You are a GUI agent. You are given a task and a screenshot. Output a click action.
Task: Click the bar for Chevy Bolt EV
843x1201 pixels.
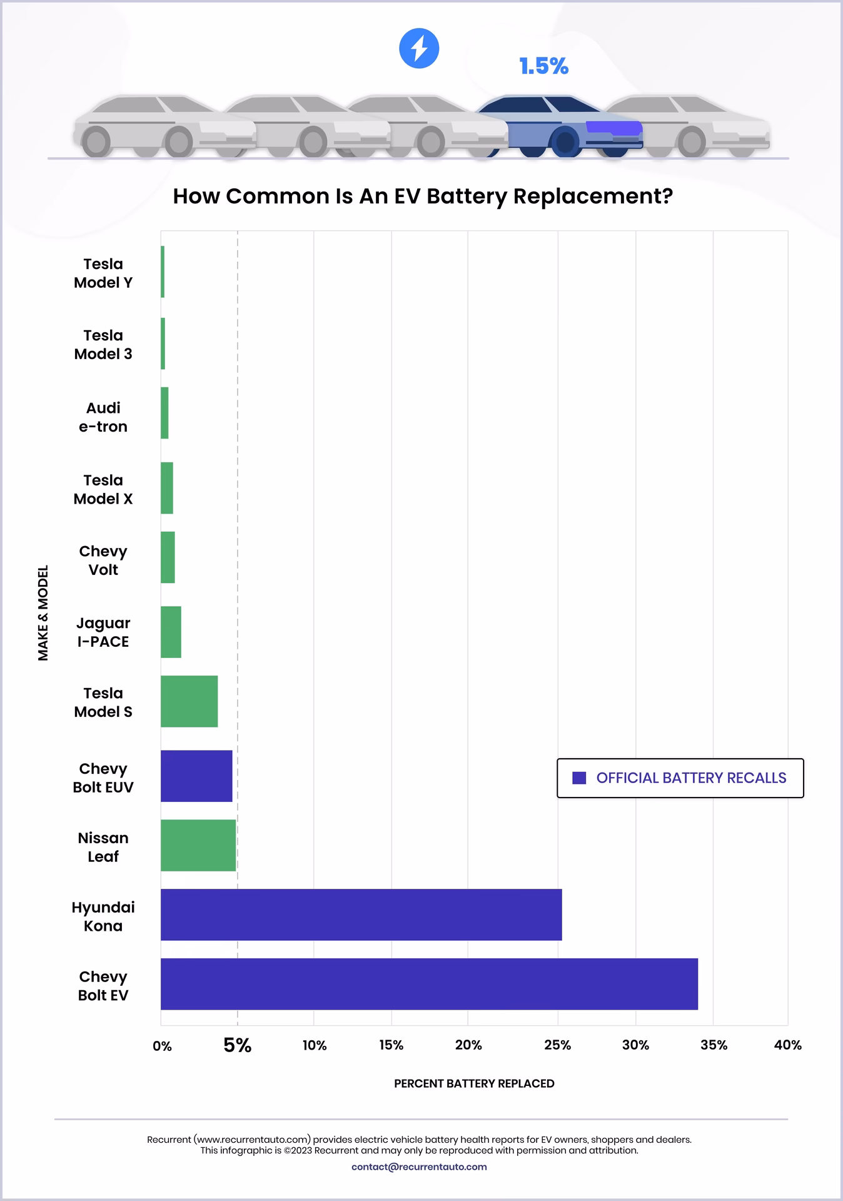429,984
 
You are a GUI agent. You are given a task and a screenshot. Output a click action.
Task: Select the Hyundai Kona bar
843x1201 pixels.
361,915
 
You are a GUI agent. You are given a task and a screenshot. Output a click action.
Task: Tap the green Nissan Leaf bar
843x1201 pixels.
198,845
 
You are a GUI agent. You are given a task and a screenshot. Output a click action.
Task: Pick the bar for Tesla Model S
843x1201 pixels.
189,701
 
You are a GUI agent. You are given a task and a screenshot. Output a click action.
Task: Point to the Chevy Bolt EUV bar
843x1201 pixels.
196,776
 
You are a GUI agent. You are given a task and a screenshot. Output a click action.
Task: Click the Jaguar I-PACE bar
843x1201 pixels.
171,632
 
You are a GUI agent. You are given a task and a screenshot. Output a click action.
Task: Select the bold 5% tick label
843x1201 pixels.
238,1045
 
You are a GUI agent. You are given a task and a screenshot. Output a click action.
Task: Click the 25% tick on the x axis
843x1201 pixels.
557,1045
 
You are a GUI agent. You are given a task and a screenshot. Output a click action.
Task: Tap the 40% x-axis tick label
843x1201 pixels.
787,1045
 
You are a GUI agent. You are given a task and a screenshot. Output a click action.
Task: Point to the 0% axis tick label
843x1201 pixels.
162,1046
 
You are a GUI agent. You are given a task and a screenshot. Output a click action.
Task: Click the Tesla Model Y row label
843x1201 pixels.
103,273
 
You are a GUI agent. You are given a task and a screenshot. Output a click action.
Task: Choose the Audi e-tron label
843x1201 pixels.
103,417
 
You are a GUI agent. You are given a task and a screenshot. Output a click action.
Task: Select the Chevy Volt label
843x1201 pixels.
103,560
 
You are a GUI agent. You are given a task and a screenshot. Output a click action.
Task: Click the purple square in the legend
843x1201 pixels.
579,778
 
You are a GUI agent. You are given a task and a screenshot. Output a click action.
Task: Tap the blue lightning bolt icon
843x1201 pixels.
419,48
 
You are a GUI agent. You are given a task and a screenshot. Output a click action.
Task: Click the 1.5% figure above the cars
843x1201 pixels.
543,66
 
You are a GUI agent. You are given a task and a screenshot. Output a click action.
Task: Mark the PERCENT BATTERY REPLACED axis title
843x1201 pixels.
474,1083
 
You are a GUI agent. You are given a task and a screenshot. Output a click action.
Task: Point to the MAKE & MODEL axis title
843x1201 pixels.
43,613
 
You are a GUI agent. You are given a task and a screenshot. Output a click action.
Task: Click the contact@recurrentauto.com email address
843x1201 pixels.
419,1167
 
